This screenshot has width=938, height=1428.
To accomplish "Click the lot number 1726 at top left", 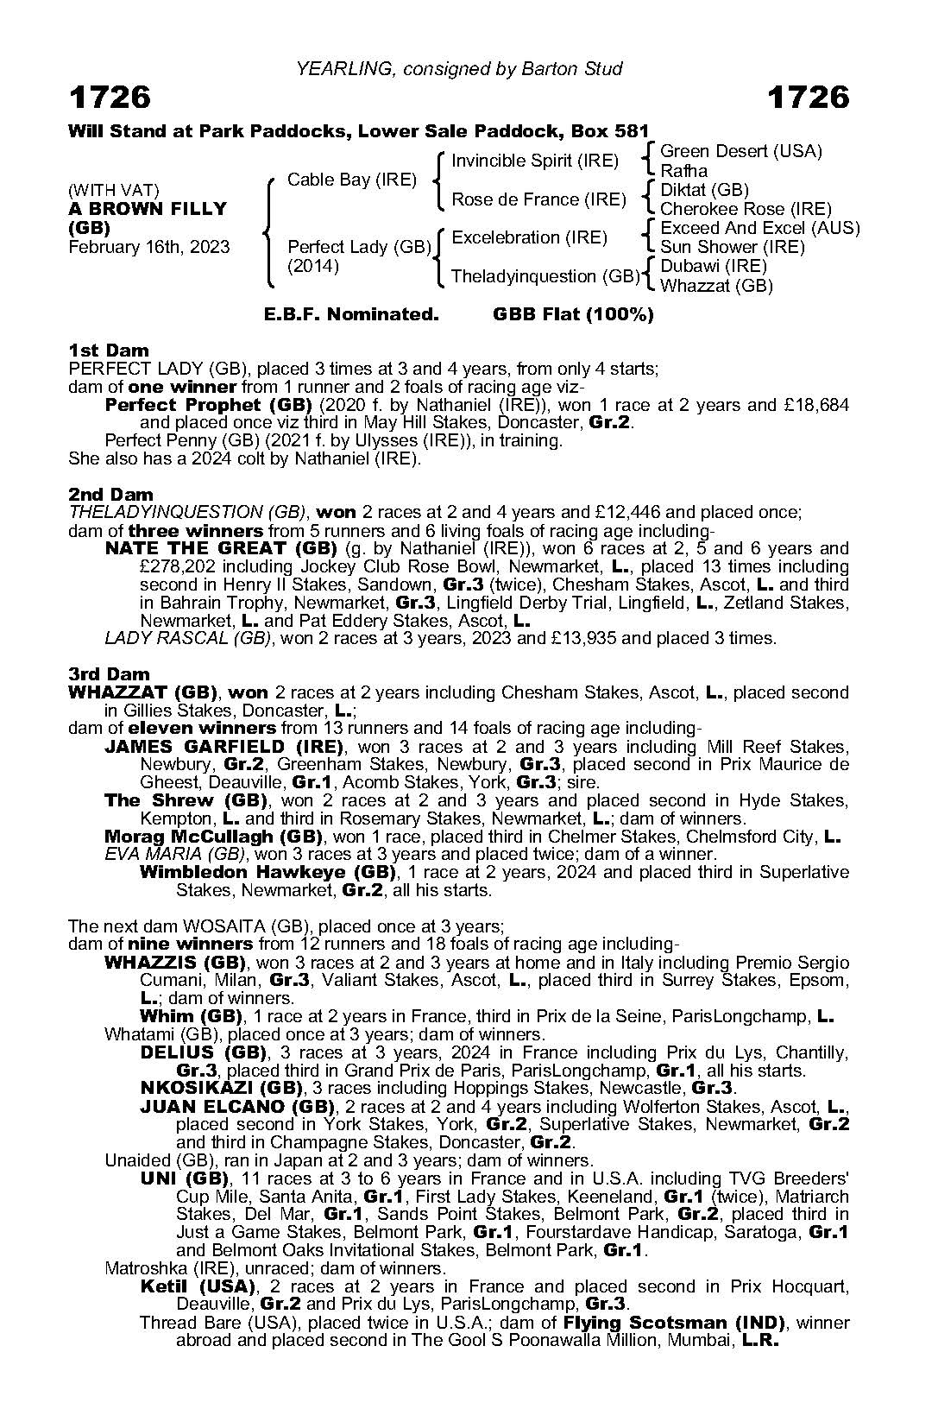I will coord(110,98).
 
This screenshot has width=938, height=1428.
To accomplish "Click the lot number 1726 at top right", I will coord(809,98).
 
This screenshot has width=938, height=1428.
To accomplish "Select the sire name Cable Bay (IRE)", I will coord(352,180).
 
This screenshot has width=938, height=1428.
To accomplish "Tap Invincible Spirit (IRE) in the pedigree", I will coord(535,161).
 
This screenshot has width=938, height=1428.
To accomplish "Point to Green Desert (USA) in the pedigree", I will coord(740,151).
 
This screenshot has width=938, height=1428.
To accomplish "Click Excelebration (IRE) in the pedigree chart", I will coord(529,237).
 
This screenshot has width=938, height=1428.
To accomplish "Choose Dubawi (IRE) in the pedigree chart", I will coord(713,266).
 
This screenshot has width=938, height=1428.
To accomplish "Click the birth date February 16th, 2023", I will coord(149,247).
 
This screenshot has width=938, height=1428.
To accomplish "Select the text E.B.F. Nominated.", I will coord(351,314).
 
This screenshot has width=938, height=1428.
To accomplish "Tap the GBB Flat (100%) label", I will coord(573,314).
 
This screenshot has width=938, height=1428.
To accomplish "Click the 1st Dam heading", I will coord(109,351).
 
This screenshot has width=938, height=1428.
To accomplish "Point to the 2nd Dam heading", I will coord(110,495).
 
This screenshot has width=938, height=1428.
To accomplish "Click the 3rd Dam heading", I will coord(109,674).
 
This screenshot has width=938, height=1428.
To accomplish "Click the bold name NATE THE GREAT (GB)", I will coord(220,548).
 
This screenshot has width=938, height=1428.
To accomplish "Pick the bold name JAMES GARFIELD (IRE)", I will coord(223,747).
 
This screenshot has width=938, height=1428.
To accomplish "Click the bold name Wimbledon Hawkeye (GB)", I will coord(268,872).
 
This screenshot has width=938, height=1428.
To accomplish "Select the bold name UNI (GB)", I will coord(184,1178).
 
